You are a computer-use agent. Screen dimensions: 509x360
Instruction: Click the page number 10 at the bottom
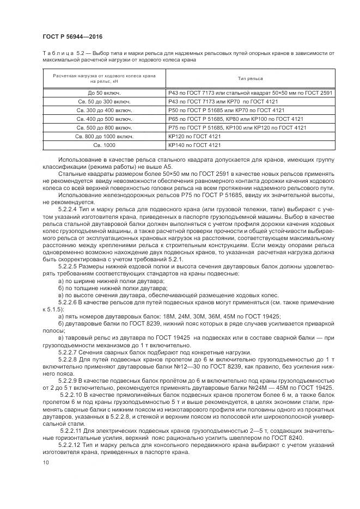click(x=45, y=462)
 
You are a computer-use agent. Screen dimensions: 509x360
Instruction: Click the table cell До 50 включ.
click(x=103, y=93)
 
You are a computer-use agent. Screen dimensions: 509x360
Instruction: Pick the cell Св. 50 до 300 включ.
click(x=103, y=102)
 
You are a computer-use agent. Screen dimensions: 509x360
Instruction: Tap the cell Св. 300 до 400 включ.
click(x=103, y=111)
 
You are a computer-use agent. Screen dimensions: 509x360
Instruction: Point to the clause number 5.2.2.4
click(x=68, y=208)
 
